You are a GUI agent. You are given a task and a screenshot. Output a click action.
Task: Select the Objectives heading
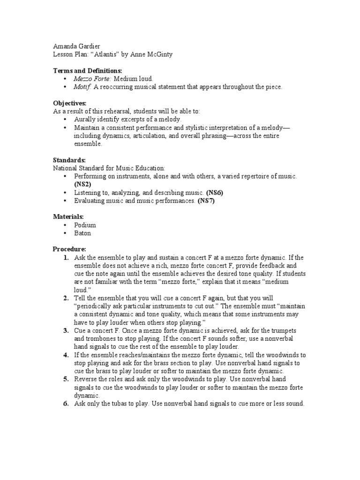click(x=69, y=103)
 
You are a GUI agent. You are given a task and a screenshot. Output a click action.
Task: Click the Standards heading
click(x=68, y=160)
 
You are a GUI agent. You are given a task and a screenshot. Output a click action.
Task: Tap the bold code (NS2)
click(x=82, y=184)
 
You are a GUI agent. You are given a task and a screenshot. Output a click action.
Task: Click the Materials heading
click(x=68, y=217)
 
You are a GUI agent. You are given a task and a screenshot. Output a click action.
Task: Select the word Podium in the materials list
click(x=85, y=225)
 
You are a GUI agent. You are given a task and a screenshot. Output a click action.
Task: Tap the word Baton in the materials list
click(x=82, y=233)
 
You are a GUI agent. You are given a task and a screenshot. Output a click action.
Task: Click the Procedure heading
click(x=69, y=249)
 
